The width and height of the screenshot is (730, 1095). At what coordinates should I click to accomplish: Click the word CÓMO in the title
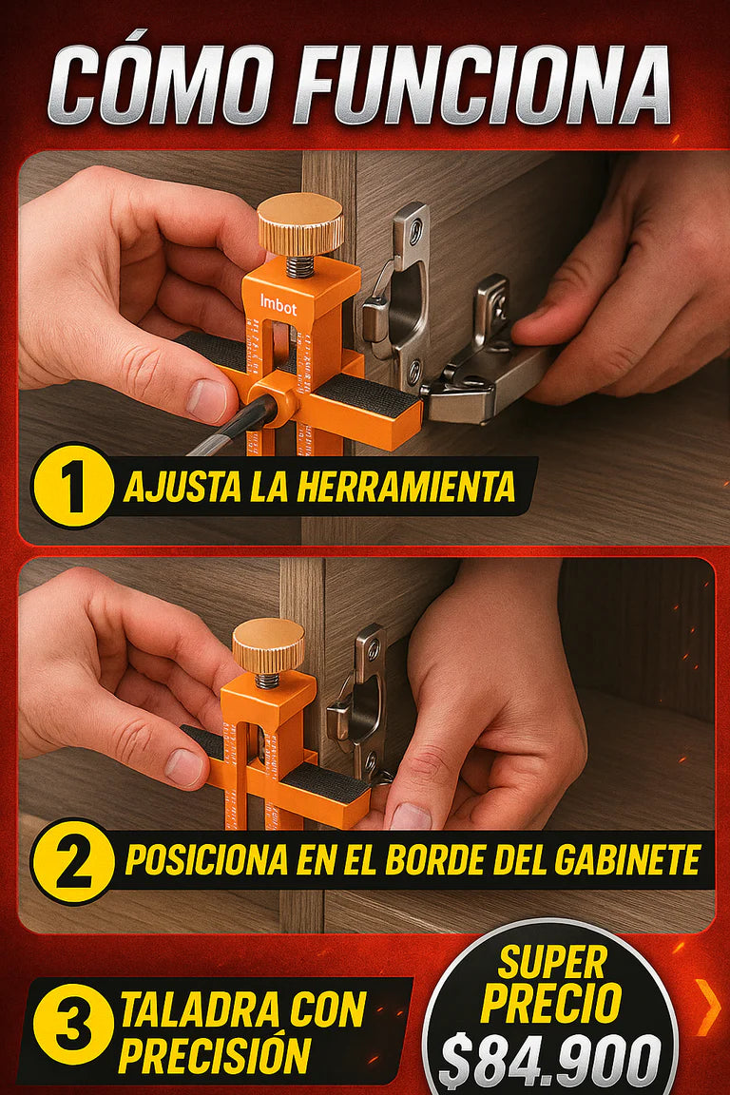click(x=161, y=86)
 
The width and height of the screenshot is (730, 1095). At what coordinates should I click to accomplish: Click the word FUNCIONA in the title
click(x=482, y=86)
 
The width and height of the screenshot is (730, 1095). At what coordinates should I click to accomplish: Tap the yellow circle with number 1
click(x=72, y=485)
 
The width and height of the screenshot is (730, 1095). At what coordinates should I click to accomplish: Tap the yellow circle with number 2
click(x=72, y=859)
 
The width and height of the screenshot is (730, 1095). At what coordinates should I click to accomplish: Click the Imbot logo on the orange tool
click(x=279, y=305)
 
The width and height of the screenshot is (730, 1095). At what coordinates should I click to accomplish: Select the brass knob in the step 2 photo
click(x=268, y=645)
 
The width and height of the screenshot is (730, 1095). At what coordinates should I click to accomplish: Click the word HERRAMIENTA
click(x=406, y=486)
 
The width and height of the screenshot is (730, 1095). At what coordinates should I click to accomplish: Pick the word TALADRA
click(x=201, y=1009)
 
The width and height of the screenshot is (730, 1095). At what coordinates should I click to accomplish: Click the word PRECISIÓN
click(x=215, y=1053)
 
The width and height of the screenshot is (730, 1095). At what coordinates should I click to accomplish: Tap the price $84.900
click(x=549, y=1062)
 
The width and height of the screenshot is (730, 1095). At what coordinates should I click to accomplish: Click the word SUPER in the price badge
click(x=551, y=964)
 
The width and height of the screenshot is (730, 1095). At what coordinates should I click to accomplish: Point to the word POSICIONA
click(x=207, y=859)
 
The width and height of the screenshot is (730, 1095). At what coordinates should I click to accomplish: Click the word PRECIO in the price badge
click(x=551, y=1004)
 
